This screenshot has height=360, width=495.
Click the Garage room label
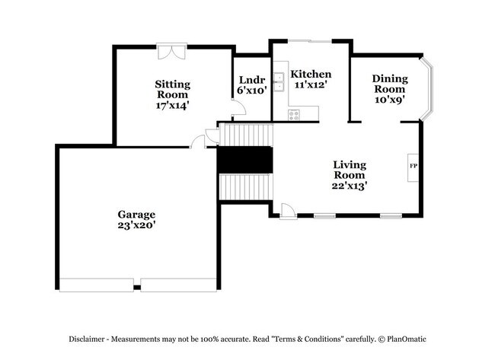(x=136, y=214)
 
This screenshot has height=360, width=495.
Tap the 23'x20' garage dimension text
(x=136, y=225)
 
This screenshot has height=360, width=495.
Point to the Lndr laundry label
(x=251, y=80)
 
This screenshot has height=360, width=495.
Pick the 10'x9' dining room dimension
(x=389, y=98)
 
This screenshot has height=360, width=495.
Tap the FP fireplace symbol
(x=414, y=165)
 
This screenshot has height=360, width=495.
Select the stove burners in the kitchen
(x=294, y=115)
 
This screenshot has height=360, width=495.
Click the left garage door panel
(x=98, y=285)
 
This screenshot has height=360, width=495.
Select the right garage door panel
(x=179, y=285)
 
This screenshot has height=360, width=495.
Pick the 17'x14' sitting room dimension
(x=172, y=106)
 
